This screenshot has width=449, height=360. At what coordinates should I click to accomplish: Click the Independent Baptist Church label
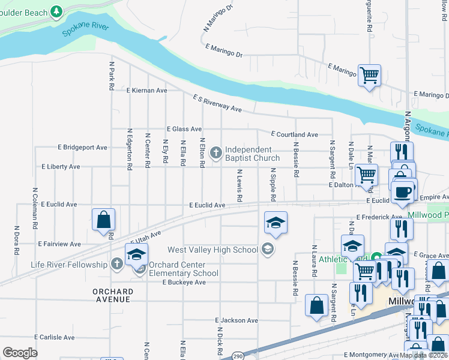(252, 154)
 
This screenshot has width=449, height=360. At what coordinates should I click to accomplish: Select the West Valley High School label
(213, 250)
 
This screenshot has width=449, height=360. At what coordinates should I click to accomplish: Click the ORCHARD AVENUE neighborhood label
(113, 296)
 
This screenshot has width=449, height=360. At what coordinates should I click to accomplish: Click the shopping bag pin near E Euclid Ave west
(104, 220)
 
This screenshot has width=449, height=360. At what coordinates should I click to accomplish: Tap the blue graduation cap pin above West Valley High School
(276, 223)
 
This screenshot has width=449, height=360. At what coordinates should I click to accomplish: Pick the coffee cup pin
(403, 192)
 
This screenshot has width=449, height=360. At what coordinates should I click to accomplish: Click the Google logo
(20, 352)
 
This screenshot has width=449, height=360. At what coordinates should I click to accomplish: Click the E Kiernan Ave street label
(147, 90)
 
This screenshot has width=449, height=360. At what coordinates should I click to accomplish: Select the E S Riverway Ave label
(217, 103)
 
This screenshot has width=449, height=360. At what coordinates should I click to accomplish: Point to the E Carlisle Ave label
(55, 337)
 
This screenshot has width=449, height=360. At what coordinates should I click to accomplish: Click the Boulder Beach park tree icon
(56, 11)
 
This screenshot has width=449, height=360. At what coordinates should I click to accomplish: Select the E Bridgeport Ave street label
(82, 147)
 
